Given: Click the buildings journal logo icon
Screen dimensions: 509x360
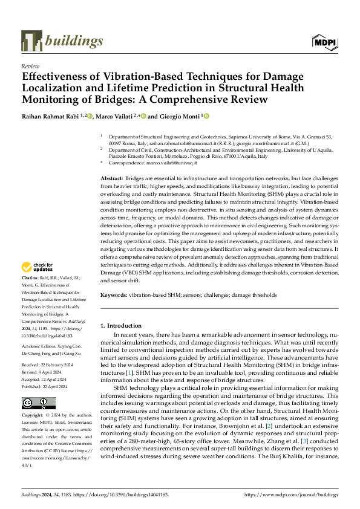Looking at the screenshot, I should [x=31, y=41].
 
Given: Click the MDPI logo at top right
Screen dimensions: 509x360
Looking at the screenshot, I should [x=324, y=41].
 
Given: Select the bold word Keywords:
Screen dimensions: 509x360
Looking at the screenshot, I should [x=113, y=296].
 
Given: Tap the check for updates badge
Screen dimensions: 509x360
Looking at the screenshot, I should [x=38, y=268].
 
